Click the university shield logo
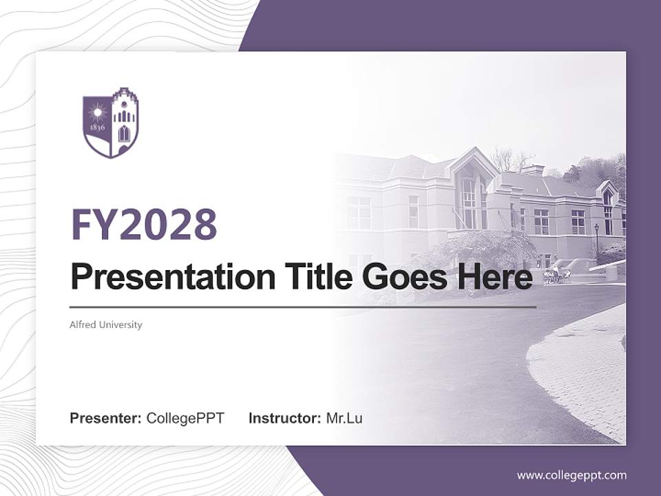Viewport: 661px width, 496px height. (x=110, y=123)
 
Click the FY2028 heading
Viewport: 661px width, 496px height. (x=144, y=225)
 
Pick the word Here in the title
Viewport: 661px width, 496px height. (x=501, y=278)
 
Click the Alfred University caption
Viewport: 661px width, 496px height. (x=106, y=324)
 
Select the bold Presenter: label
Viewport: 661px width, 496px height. (x=106, y=418)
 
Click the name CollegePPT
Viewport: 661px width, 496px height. (x=185, y=418)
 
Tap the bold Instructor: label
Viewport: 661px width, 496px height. (x=285, y=418)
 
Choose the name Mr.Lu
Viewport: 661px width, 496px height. (x=344, y=418)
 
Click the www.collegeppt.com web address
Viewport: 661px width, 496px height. (x=571, y=475)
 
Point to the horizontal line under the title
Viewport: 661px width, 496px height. (x=303, y=307)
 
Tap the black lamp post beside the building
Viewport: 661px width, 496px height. (x=596, y=238)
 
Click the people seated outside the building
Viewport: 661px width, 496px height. (x=552, y=276)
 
